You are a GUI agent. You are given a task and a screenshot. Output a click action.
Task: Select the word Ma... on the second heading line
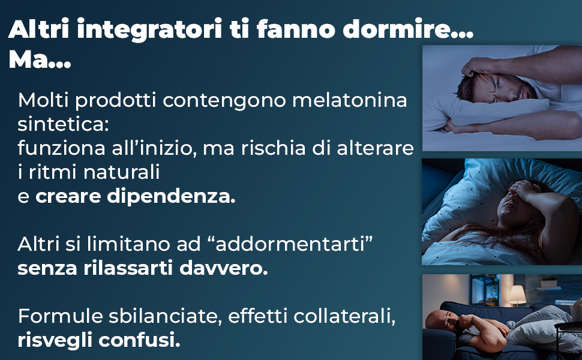pos(40,61)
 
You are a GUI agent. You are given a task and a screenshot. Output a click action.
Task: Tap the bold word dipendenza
pos(172,197)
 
